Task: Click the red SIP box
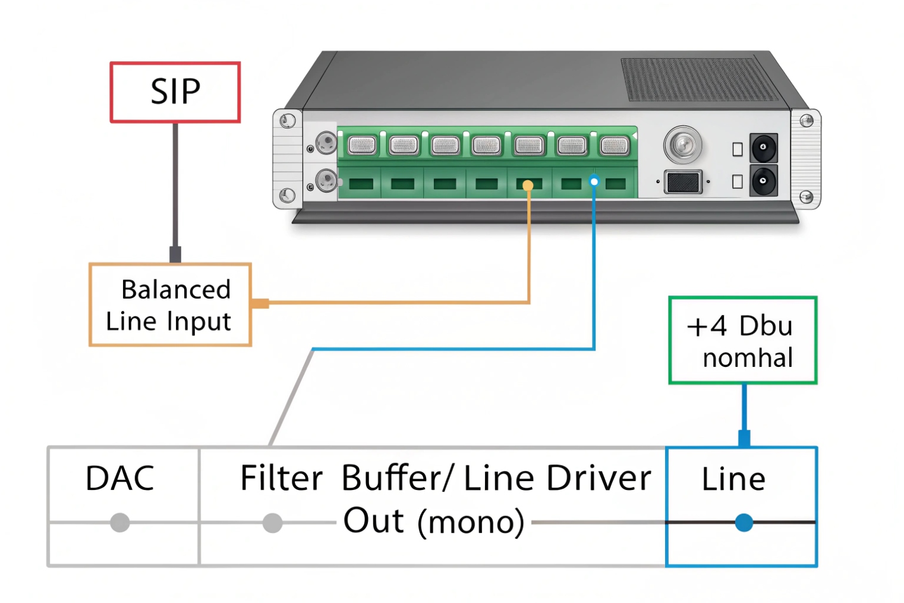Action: tap(175, 92)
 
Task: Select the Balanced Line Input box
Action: tap(170, 304)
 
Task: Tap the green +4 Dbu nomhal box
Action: tap(742, 340)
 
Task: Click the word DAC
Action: tap(119, 478)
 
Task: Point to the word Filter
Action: tap(281, 478)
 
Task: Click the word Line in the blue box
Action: tap(733, 479)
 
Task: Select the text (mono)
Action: tap(471, 522)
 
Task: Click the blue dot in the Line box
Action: tap(744, 523)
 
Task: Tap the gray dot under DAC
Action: tap(120, 523)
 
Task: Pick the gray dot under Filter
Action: tap(272, 523)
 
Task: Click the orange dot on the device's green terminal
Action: tap(528, 186)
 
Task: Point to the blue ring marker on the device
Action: tap(594, 181)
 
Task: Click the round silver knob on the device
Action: tap(682, 144)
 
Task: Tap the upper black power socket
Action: tap(763, 147)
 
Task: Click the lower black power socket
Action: tap(763, 181)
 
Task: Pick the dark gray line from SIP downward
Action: tap(175, 184)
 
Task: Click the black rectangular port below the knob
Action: tap(683, 182)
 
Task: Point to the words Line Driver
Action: tap(557, 478)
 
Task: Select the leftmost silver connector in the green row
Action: tap(362, 145)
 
